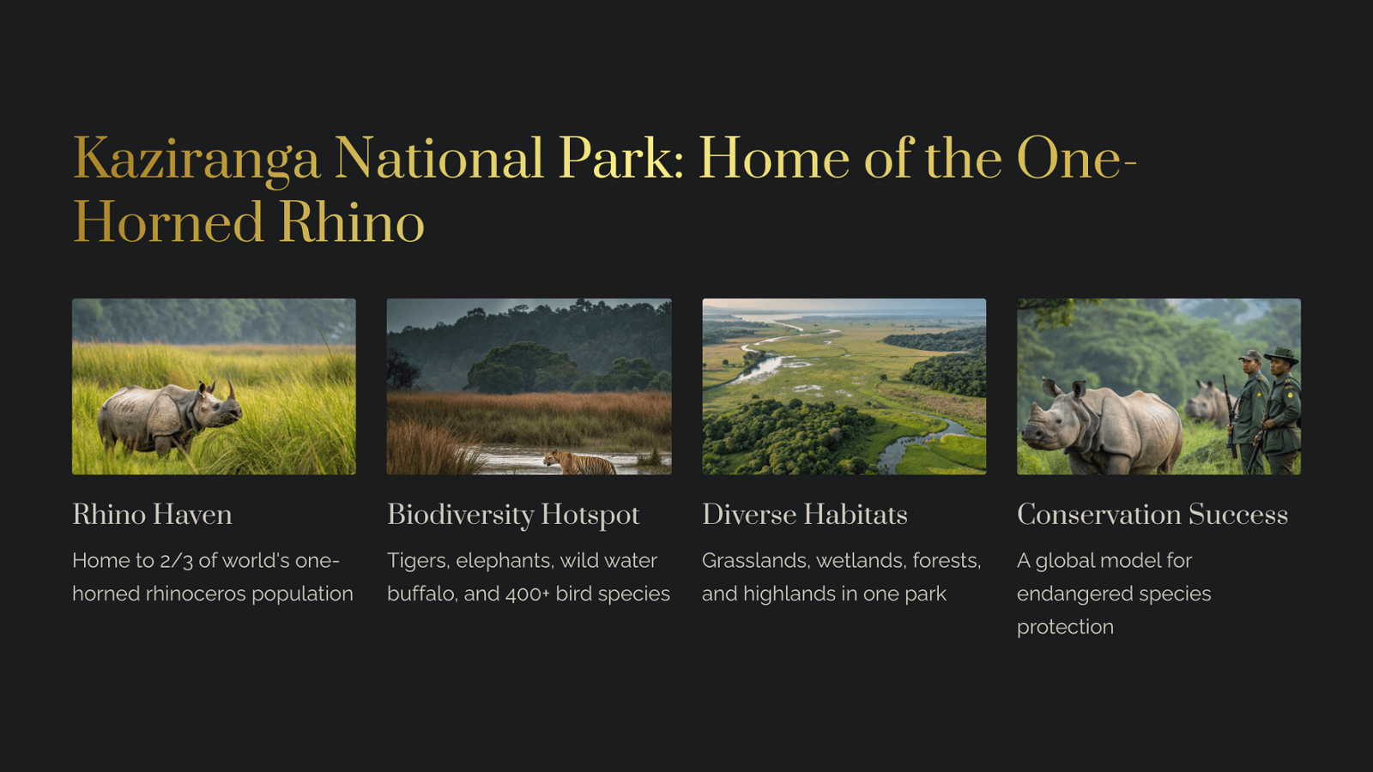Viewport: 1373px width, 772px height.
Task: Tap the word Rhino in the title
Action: click(353, 222)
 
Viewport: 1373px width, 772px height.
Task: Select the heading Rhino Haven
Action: click(152, 515)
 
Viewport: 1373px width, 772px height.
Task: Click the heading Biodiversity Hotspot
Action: click(513, 516)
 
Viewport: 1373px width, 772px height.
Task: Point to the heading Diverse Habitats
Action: click(804, 515)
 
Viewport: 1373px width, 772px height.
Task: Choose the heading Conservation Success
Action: click(1152, 515)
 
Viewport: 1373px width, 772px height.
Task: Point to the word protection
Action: click(1065, 627)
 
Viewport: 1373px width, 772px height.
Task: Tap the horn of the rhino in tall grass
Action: click(231, 389)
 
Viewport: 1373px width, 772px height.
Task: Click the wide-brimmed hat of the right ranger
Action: click(1281, 355)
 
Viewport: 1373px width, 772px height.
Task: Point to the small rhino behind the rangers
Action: click(1207, 402)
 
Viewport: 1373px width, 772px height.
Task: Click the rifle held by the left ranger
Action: click(1231, 417)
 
